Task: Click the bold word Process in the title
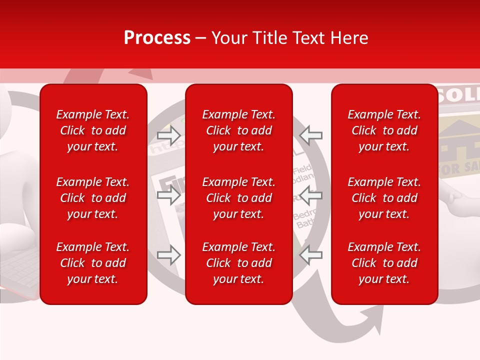coord(157,38)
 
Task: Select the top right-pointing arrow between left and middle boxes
coord(169,135)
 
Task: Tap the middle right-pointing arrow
coord(169,195)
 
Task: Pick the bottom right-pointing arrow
coord(169,255)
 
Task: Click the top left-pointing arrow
coord(311,135)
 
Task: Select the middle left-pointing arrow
coord(311,195)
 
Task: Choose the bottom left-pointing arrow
coord(311,255)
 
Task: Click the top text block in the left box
coord(93,130)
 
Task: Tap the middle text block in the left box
coord(93,198)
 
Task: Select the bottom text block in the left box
coord(93,263)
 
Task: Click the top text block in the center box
coord(239,130)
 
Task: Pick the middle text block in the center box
coord(239,198)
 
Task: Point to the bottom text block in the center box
coord(239,263)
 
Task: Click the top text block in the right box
coord(384,130)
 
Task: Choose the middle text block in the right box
coord(384,198)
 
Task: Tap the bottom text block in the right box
coord(384,263)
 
